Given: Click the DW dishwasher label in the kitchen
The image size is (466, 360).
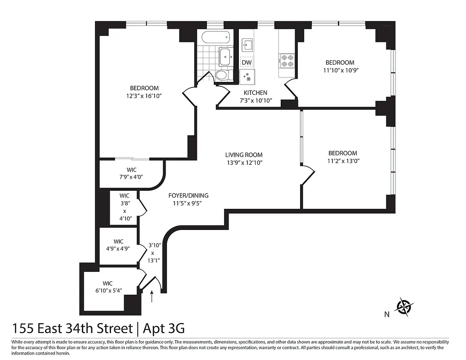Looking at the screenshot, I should pyautogui.click(x=246, y=63).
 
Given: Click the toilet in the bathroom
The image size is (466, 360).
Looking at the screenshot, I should pyautogui.click(x=224, y=75).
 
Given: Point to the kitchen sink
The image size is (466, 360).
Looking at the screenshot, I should pyautogui.click(x=247, y=45).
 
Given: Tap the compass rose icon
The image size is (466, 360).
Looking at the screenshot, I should pyautogui.click(x=404, y=307).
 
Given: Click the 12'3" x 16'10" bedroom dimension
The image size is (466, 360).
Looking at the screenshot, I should pyautogui.click(x=144, y=96).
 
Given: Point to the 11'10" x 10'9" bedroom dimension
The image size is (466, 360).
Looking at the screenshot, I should pyautogui.click(x=340, y=70).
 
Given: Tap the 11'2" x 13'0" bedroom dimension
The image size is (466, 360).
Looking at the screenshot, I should pyautogui.click(x=342, y=161).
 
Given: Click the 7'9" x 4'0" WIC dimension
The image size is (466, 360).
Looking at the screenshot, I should pyautogui.click(x=131, y=177).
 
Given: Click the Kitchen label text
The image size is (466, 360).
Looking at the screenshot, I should pyautogui.click(x=255, y=93).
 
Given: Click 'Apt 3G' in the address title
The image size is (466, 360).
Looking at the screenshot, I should pyautogui.click(x=164, y=328).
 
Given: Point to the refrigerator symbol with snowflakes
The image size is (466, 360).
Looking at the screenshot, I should pyautogui.click(x=247, y=76).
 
